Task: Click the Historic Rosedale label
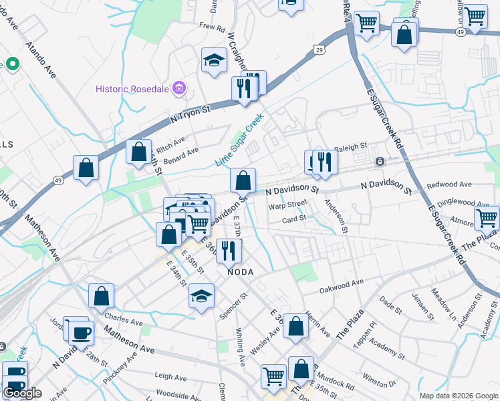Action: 133,88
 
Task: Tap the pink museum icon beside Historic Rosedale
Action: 178,88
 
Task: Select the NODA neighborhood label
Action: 240,272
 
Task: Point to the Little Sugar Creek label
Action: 239,141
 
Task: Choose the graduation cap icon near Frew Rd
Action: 215,61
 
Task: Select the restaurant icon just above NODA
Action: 229,251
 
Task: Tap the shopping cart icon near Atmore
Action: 487,218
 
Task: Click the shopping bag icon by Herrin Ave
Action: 296,326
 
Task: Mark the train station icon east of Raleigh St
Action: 380,161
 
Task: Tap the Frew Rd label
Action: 212,27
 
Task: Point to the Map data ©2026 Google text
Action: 458,396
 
